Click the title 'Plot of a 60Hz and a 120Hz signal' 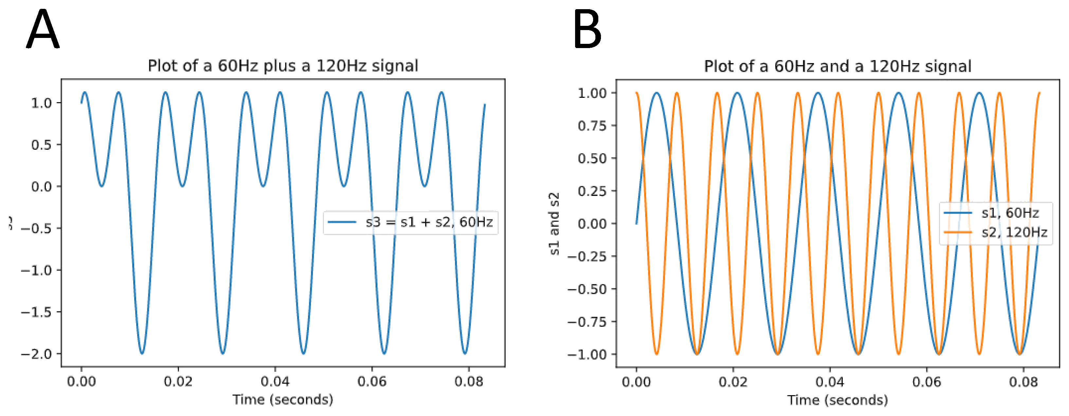coord(838,66)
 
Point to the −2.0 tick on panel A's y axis coord(37,354)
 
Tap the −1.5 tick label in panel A coord(37,312)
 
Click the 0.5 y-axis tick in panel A coord(42,145)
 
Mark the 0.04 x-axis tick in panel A coord(275,381)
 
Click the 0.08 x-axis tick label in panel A coord(468,381)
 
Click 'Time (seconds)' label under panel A coord(282,399)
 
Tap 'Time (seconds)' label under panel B coord(838,400)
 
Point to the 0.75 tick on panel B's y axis coord(592,126)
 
